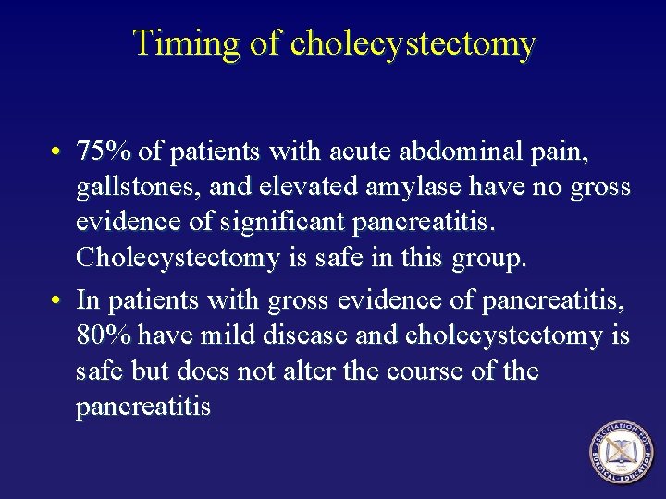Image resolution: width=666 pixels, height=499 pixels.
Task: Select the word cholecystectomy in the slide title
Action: click(412, 43)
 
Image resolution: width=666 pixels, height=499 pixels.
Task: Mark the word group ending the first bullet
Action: click(489, 259)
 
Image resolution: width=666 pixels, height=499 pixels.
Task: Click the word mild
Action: click(234, 335)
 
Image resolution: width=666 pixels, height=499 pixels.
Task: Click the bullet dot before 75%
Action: click(57, 152)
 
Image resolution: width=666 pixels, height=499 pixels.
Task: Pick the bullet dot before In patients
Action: click(57, 300)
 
